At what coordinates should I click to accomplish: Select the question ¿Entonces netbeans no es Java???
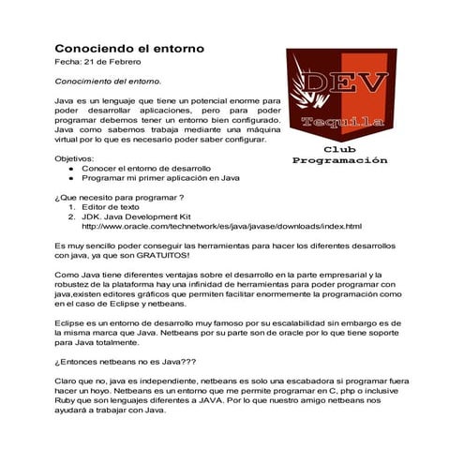coord(130,361)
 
